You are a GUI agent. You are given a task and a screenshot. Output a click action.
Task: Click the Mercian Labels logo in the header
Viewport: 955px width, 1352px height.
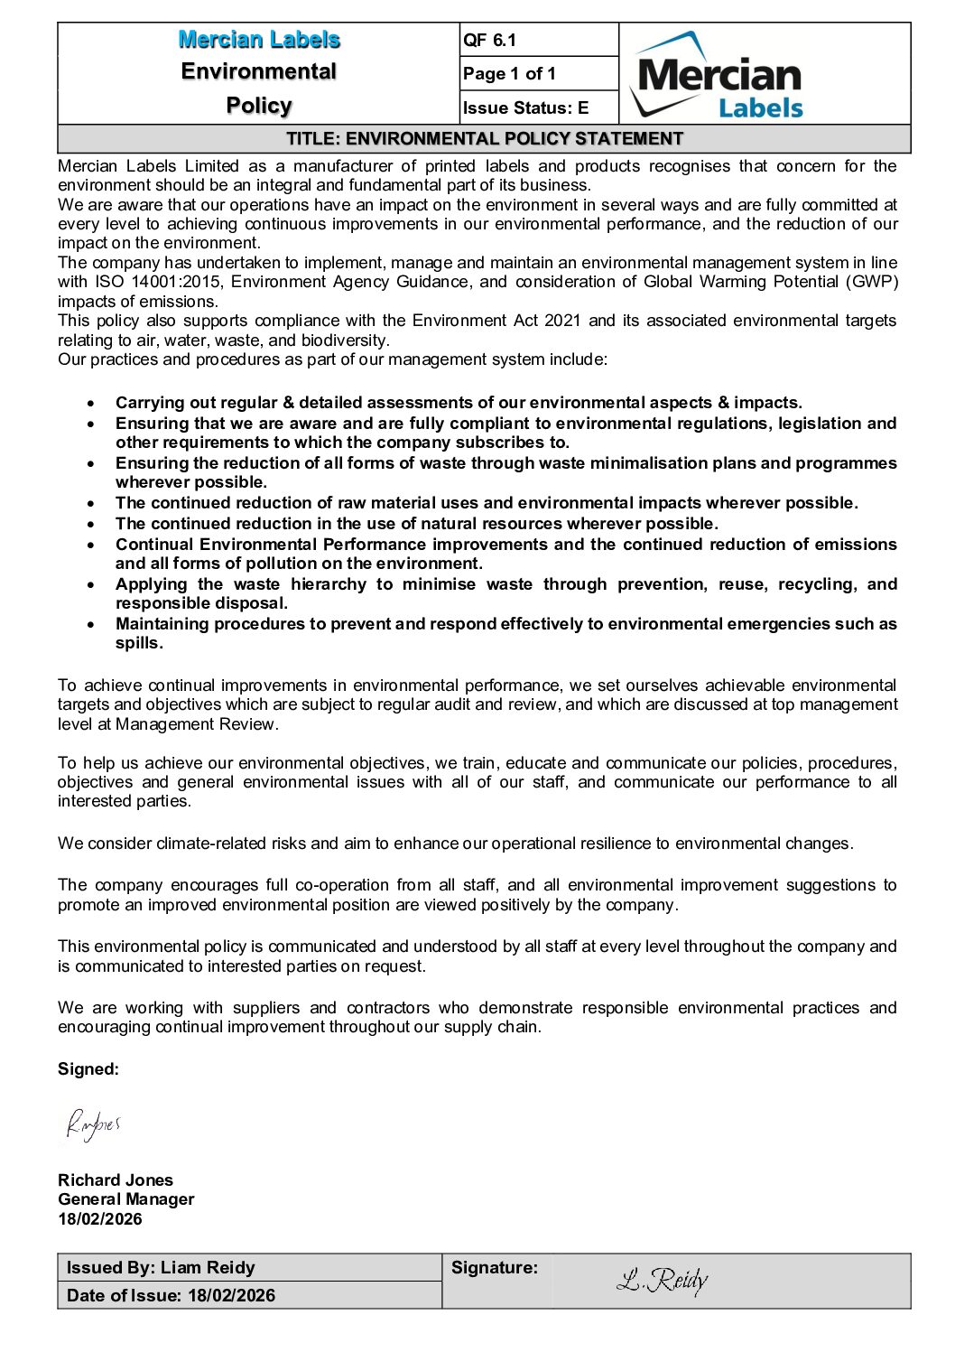point(718,76)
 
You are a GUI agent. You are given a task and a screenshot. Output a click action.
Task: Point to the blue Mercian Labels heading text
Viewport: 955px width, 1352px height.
point(259,40)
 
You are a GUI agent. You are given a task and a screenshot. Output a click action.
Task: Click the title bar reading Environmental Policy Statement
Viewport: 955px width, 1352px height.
point(484,139)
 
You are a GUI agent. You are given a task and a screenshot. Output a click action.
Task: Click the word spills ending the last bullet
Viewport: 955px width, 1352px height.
point(138,643)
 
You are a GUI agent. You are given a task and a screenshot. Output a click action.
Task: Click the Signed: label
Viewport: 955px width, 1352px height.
point(88,1069)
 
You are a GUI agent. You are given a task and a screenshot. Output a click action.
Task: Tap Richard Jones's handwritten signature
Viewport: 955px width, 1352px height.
point(92,1124)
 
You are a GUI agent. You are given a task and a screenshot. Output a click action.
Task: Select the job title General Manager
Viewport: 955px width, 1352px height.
point(126,1199)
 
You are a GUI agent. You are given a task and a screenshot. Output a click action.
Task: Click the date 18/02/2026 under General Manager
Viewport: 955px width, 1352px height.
point(100,1219)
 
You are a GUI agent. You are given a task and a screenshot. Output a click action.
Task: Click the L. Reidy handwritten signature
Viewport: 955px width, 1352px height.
point(662,1280)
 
